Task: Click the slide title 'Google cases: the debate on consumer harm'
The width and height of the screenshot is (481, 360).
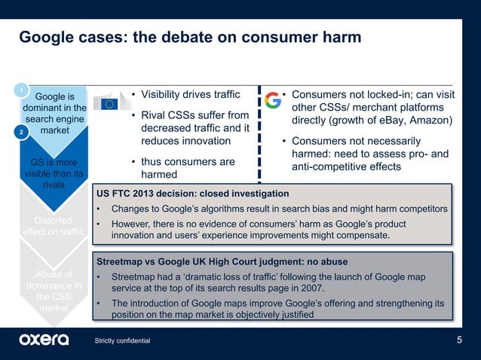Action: click(x=189, y=37)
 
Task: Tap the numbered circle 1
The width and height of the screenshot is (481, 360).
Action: click(x=22, y=91)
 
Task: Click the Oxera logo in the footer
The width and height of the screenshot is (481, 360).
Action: click(x=44, y=340)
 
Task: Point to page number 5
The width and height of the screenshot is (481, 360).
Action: click(x=460, y=340)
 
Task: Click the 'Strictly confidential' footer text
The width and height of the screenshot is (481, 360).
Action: click(x=122, y=341)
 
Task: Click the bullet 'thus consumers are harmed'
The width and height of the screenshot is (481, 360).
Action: click(x=183, y=168)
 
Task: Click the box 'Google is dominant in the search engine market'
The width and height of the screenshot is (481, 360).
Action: click(x=55, y=114)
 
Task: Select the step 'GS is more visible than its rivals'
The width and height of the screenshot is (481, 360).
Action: click(x=54, y=174)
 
